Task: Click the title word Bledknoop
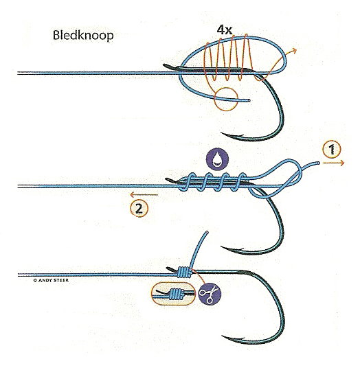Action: [x=83, y=36]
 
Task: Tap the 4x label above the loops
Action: [x=225, y=30]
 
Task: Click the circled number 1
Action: [x=332, y=150]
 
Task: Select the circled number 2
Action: [x=139, y=209]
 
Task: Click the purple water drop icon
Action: [x=217, y=159]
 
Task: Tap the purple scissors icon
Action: [x=210, y=294]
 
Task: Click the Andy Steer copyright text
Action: [x=51, y=280]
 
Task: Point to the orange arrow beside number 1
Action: [x=333, y=163]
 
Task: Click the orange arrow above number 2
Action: [x=144, y=195]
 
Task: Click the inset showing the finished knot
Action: [x=173, y=294]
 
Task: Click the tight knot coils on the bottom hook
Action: [x=184, y=272]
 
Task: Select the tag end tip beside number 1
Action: [x=318, y=163]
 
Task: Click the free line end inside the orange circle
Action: [x=249, y=100]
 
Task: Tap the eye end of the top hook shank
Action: [x=165, y=65]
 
